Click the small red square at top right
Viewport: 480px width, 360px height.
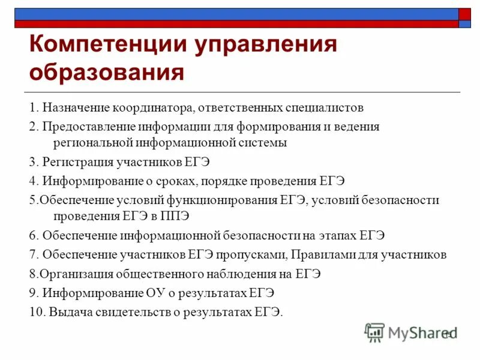coord(465,14)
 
